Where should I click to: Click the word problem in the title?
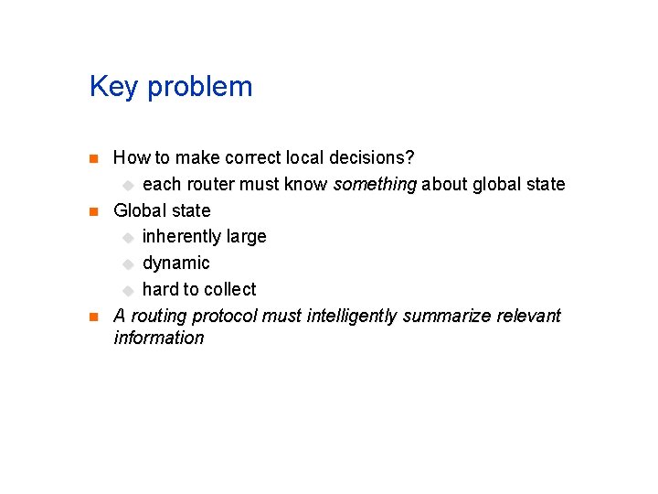click(x=199, y=88)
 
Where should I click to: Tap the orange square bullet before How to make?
click(x=92, y=158)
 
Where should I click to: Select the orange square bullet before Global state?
click(x=92, y=211)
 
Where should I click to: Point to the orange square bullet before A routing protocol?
click(x=92, y=317)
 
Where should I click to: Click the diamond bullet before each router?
click(x=128, y=185)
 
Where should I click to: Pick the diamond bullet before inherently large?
click(x=128, y=238)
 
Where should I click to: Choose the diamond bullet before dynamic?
click(x=128, y=264)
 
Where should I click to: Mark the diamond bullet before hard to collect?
click(x=128, y=291)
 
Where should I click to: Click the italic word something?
click(x=375, y=185)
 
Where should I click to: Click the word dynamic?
click(x=175, y=263)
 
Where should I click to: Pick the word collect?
click(x=231, y=289)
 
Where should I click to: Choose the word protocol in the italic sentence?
click(x=224, y=317)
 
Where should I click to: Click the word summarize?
click(x=447, y=317)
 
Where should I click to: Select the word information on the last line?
click(x=159, y=338)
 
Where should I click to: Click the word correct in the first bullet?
click(x=256, y=158)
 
